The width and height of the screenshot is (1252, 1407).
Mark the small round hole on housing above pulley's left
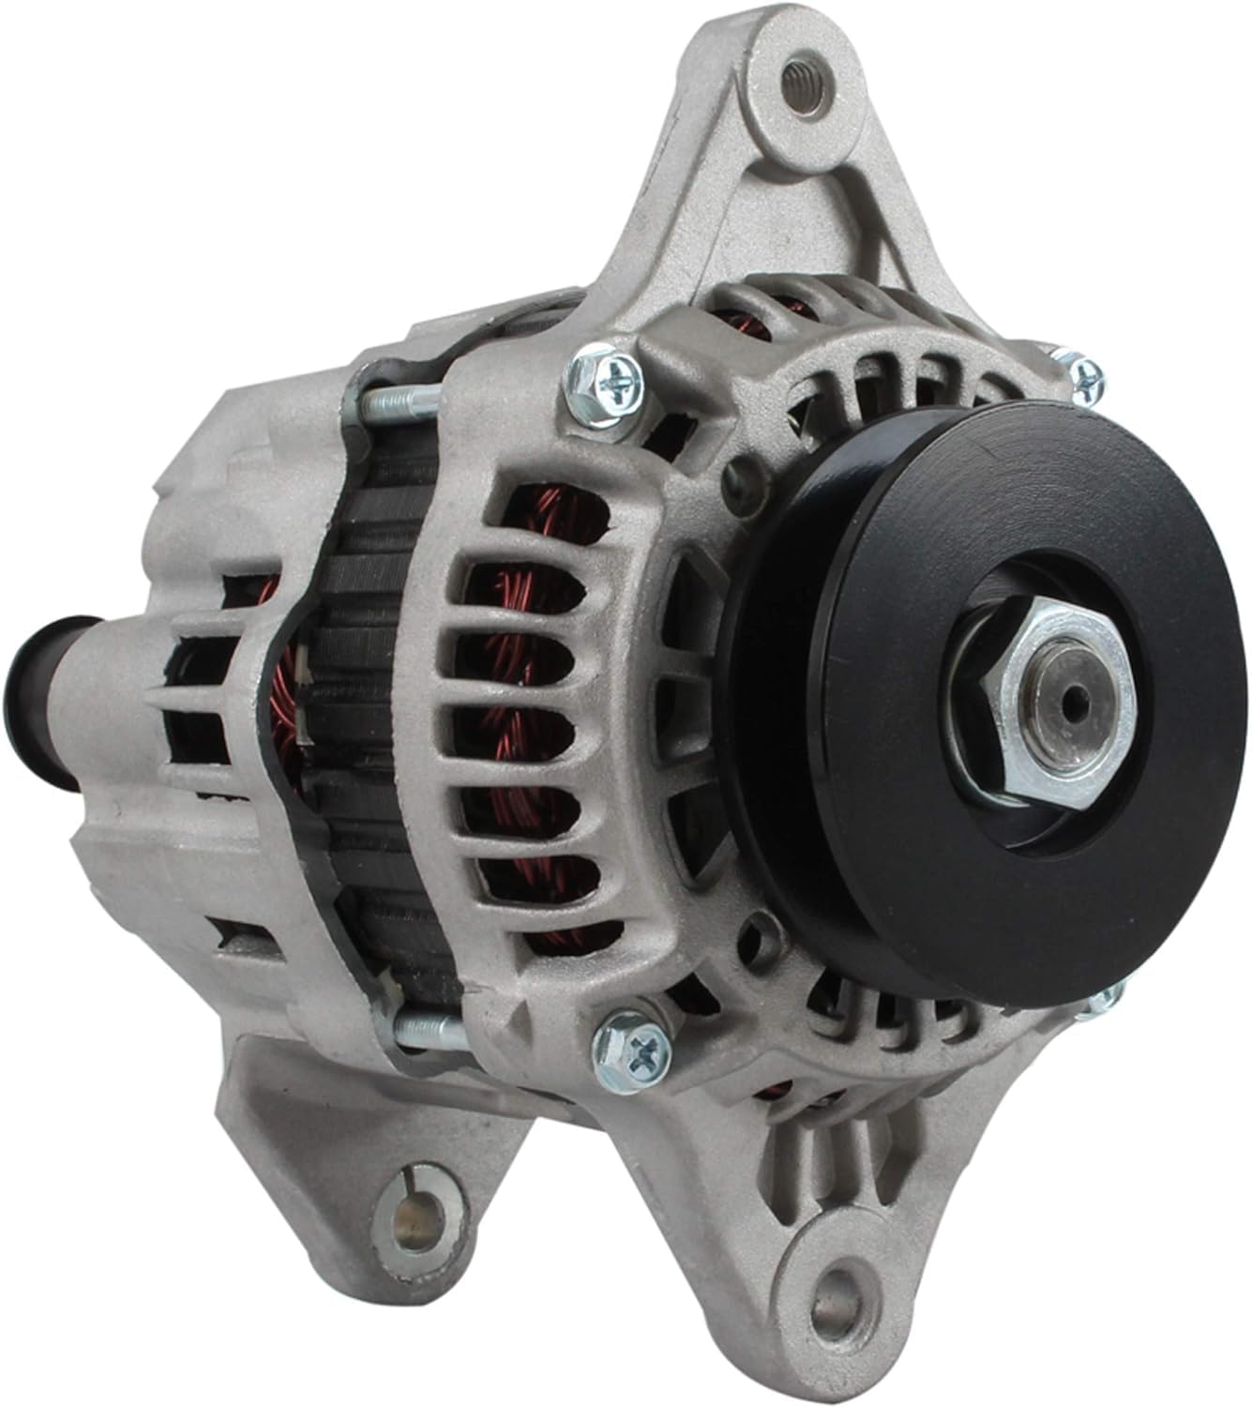coord(747,469)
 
